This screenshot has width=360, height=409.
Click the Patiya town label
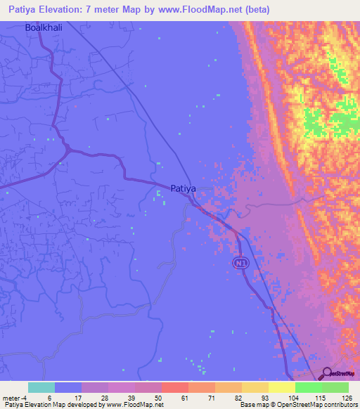[x=183, y=188]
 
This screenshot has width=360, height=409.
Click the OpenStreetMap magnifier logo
[x=327, y=374]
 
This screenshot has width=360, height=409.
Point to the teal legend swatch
[x=41, y=387]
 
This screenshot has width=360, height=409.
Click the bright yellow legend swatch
[x=282, y=387]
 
